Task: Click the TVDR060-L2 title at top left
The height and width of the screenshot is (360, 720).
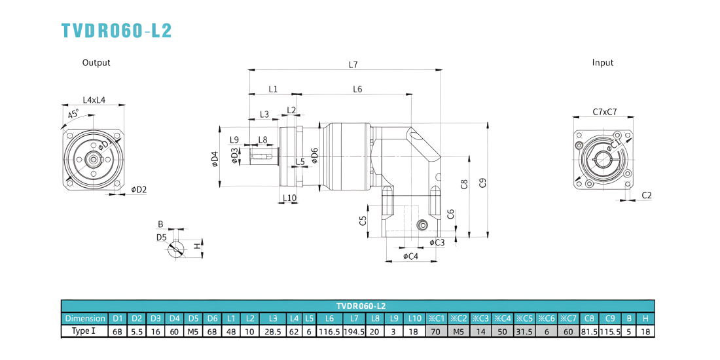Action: point(117,30)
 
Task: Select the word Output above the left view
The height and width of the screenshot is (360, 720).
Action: point(96,63)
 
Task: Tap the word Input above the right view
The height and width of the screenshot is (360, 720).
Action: point(603,63)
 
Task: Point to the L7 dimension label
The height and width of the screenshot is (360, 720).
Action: point(353,65)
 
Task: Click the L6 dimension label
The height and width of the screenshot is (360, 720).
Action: point(357,89)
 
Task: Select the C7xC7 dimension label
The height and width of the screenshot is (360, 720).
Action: point(604,111)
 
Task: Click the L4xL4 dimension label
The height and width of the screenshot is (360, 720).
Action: point(94,99)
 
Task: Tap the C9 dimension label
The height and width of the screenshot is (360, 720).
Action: point(482,183)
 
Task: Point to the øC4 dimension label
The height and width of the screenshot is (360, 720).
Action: point(410,256)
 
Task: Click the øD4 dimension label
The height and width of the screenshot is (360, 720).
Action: point(215,158)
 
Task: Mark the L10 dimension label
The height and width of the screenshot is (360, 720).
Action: point(289,198)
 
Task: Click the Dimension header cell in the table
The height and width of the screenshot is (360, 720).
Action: point(84,318)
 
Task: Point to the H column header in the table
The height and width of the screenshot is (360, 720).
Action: point(645,318)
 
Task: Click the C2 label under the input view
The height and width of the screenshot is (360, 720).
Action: point(647,195)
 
